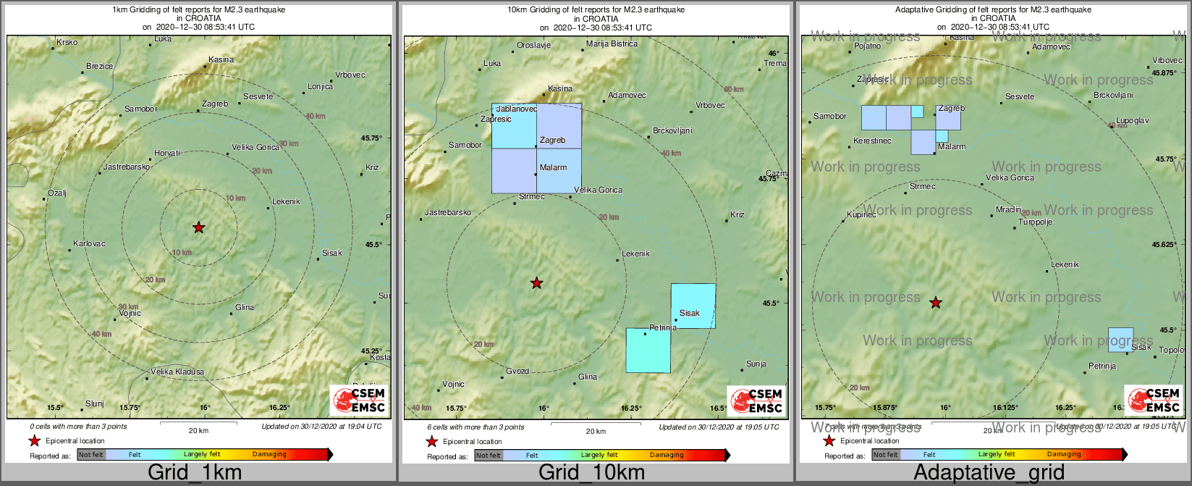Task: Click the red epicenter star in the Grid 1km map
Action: (199, 227)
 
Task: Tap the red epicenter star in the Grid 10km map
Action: (536, 283)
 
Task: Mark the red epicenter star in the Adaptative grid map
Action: (936, 303)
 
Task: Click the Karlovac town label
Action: (89, 244)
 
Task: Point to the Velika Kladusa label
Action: (177, 372)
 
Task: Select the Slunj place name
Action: (95, 404)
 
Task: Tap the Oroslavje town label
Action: (533, 46)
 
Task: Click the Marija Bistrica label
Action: (612, 44)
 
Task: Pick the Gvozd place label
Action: (517, 372)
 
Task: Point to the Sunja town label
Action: (756, 364)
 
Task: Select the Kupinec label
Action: (861, 215)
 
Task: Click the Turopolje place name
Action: (1035, 222)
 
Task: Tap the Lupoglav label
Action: (1132, 121)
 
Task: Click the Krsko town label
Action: (67, 43)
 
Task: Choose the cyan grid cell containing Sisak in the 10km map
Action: (693, 306)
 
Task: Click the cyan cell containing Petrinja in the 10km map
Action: (648, 351)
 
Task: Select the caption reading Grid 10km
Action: (591, 473)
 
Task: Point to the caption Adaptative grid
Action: (989, 473)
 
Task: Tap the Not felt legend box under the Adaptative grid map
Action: (885, 455)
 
